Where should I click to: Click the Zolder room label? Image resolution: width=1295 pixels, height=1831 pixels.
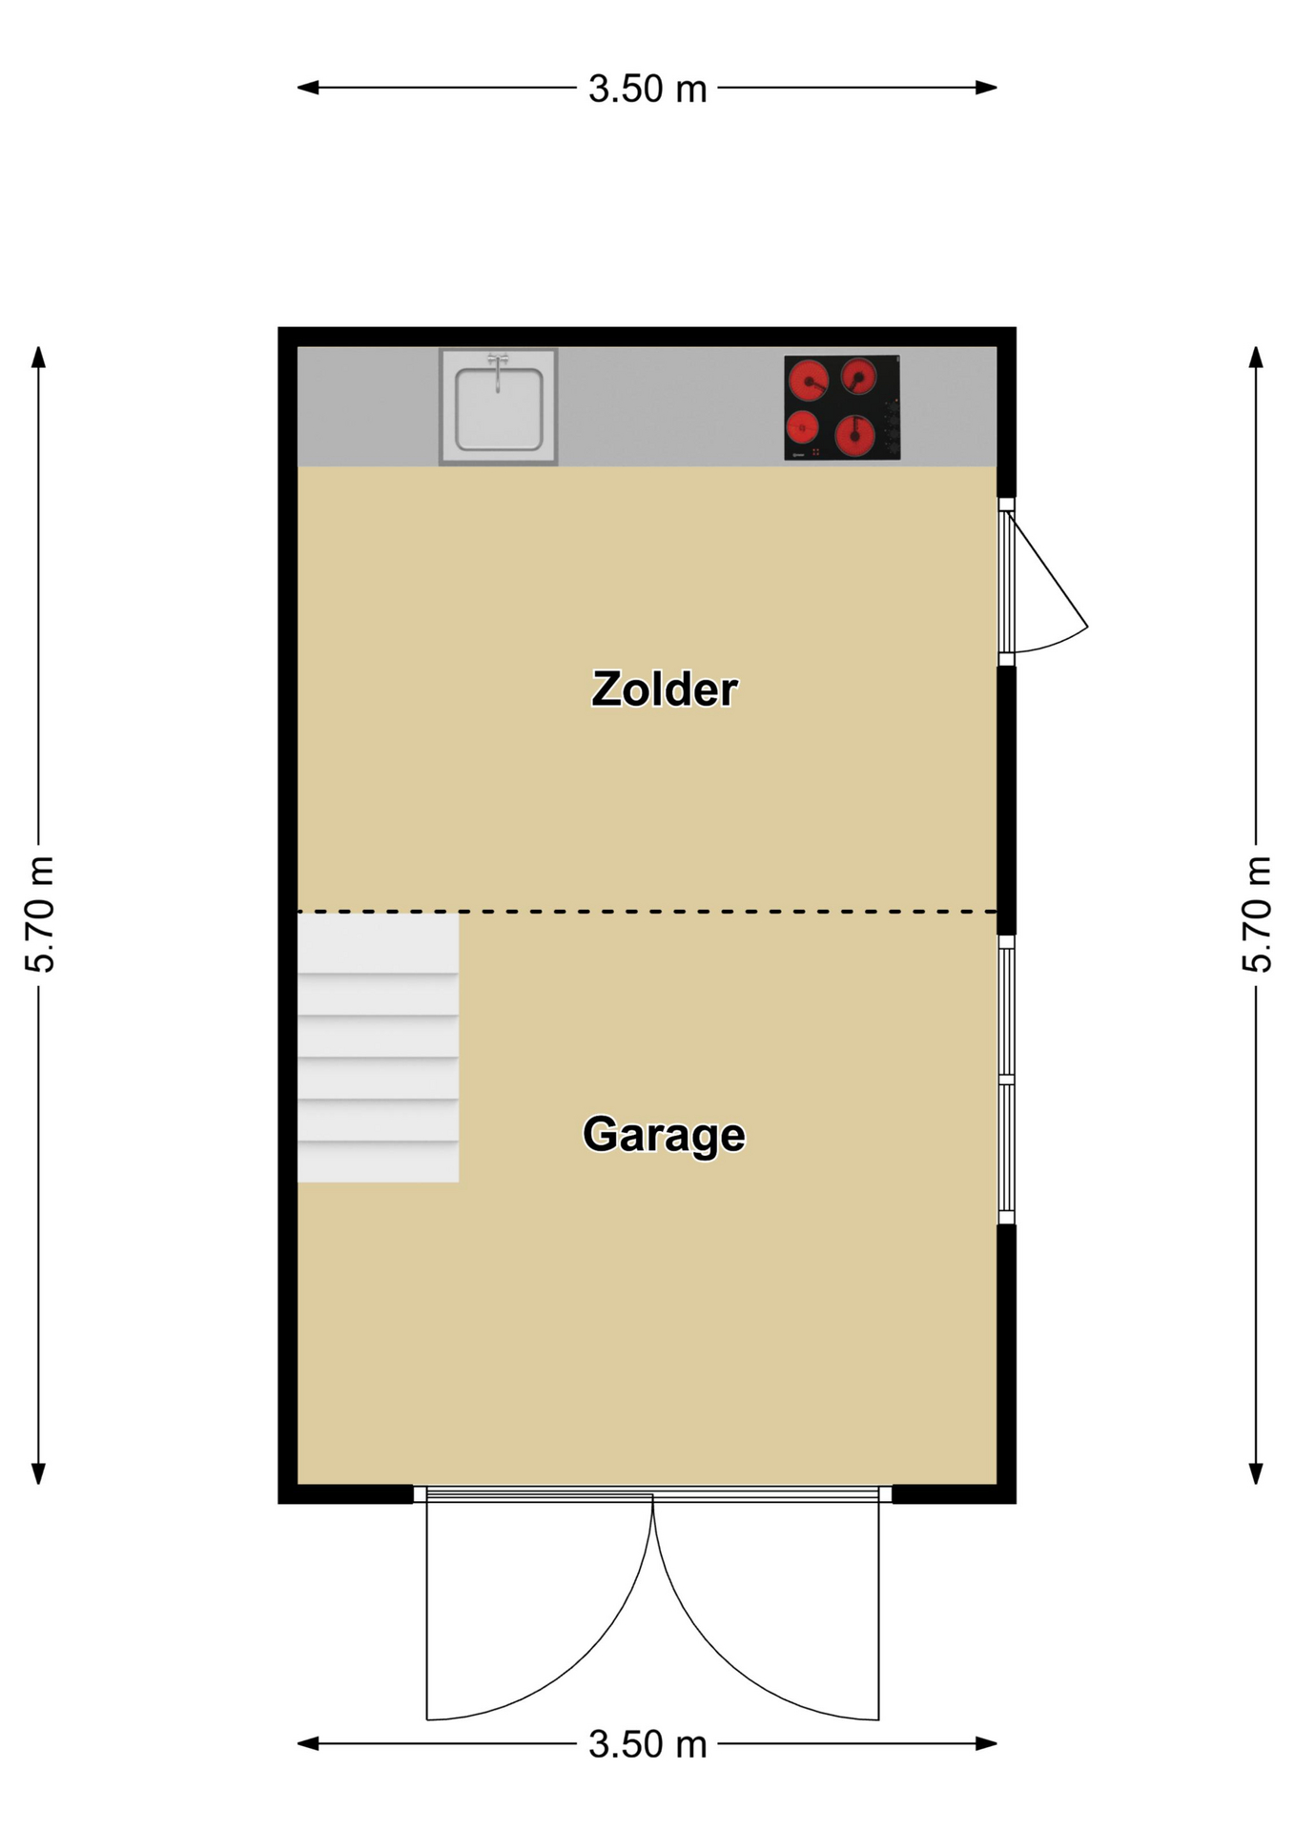[x=664, y=689]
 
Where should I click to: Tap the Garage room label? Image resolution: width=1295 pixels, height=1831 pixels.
[x=664, y=1136]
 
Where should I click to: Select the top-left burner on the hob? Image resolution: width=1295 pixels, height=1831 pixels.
[x=809, y=381]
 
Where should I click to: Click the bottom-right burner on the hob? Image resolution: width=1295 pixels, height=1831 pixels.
[x=854, y=436]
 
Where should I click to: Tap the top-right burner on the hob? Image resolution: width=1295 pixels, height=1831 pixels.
[x=858, y=377]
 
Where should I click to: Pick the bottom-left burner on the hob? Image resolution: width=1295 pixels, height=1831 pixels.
[x=803, y=428]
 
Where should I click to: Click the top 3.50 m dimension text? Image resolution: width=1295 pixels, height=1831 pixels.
[x=647, y=89]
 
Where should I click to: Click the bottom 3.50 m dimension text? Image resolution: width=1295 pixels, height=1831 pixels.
[x=647, y=1744]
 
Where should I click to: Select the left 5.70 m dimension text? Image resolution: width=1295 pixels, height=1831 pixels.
[x=39, y=915]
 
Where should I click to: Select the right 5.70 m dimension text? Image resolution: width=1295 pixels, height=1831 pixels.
[x=1257, y=915]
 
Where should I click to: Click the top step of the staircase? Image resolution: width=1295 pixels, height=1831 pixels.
[x=378, y=943]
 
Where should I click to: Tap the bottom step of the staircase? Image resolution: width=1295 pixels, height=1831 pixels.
[x=378, y=1162]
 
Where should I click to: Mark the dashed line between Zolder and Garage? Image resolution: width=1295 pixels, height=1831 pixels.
[x=647, y=912]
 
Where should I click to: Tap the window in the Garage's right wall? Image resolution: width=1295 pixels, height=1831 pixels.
[x=1006, y=1080]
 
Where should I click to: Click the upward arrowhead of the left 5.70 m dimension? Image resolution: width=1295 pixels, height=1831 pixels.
[x=39, y=357]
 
